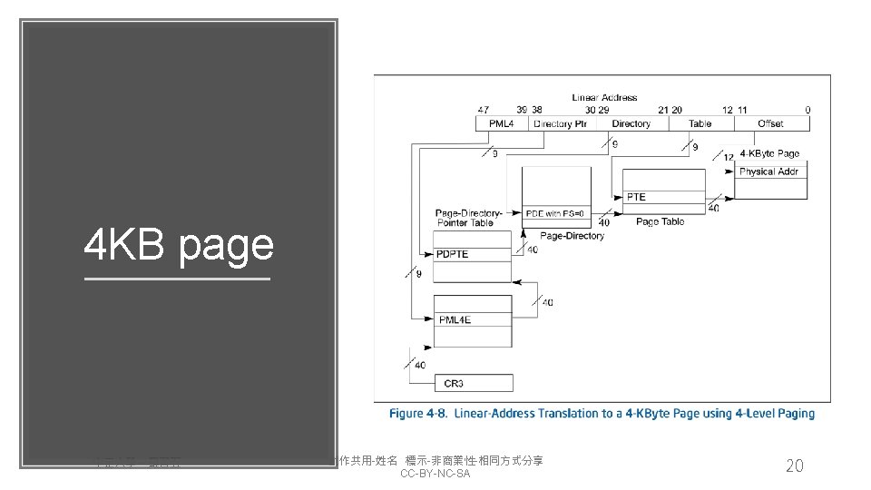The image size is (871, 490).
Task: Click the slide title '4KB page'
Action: point(178,245)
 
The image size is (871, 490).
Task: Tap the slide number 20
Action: point(794,465)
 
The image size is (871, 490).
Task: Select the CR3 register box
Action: point(474,383)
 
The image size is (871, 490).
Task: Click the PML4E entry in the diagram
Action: point(473,319)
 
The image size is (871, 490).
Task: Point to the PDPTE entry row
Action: point(473,253)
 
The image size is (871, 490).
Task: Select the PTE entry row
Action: point(664,197)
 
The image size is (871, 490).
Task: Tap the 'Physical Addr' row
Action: point(768,171)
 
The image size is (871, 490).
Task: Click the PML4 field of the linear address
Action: point(502,123)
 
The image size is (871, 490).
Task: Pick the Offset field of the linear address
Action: point(769,123)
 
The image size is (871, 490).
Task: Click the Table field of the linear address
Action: point(700,123)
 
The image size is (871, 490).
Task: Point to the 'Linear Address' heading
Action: point(604,97)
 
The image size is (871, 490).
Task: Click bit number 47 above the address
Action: point(483,110)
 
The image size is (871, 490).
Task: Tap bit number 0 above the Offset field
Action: point(807,110)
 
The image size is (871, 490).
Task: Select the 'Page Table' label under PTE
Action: point(660,221)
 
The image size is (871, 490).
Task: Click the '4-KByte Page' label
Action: point(769,153)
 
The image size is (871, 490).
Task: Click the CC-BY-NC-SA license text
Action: point(435,475)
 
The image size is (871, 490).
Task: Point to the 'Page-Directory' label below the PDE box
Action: point(572,236)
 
